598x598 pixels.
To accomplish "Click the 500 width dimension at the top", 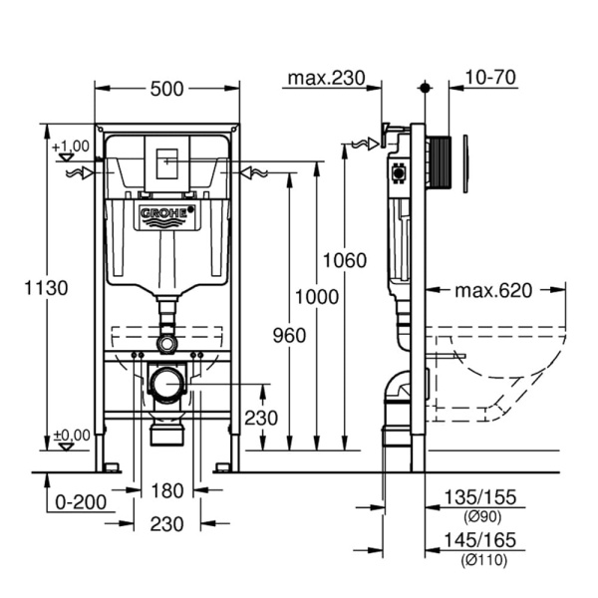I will tap(167, 89).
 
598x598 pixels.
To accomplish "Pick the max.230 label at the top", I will tap(326, 77).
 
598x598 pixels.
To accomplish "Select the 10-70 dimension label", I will tap(490, 77).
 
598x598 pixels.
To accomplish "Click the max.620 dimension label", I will tap(493, 291).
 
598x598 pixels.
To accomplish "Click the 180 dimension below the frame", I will tap(167, 490).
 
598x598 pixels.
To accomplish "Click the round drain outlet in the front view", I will tap(167, 382).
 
